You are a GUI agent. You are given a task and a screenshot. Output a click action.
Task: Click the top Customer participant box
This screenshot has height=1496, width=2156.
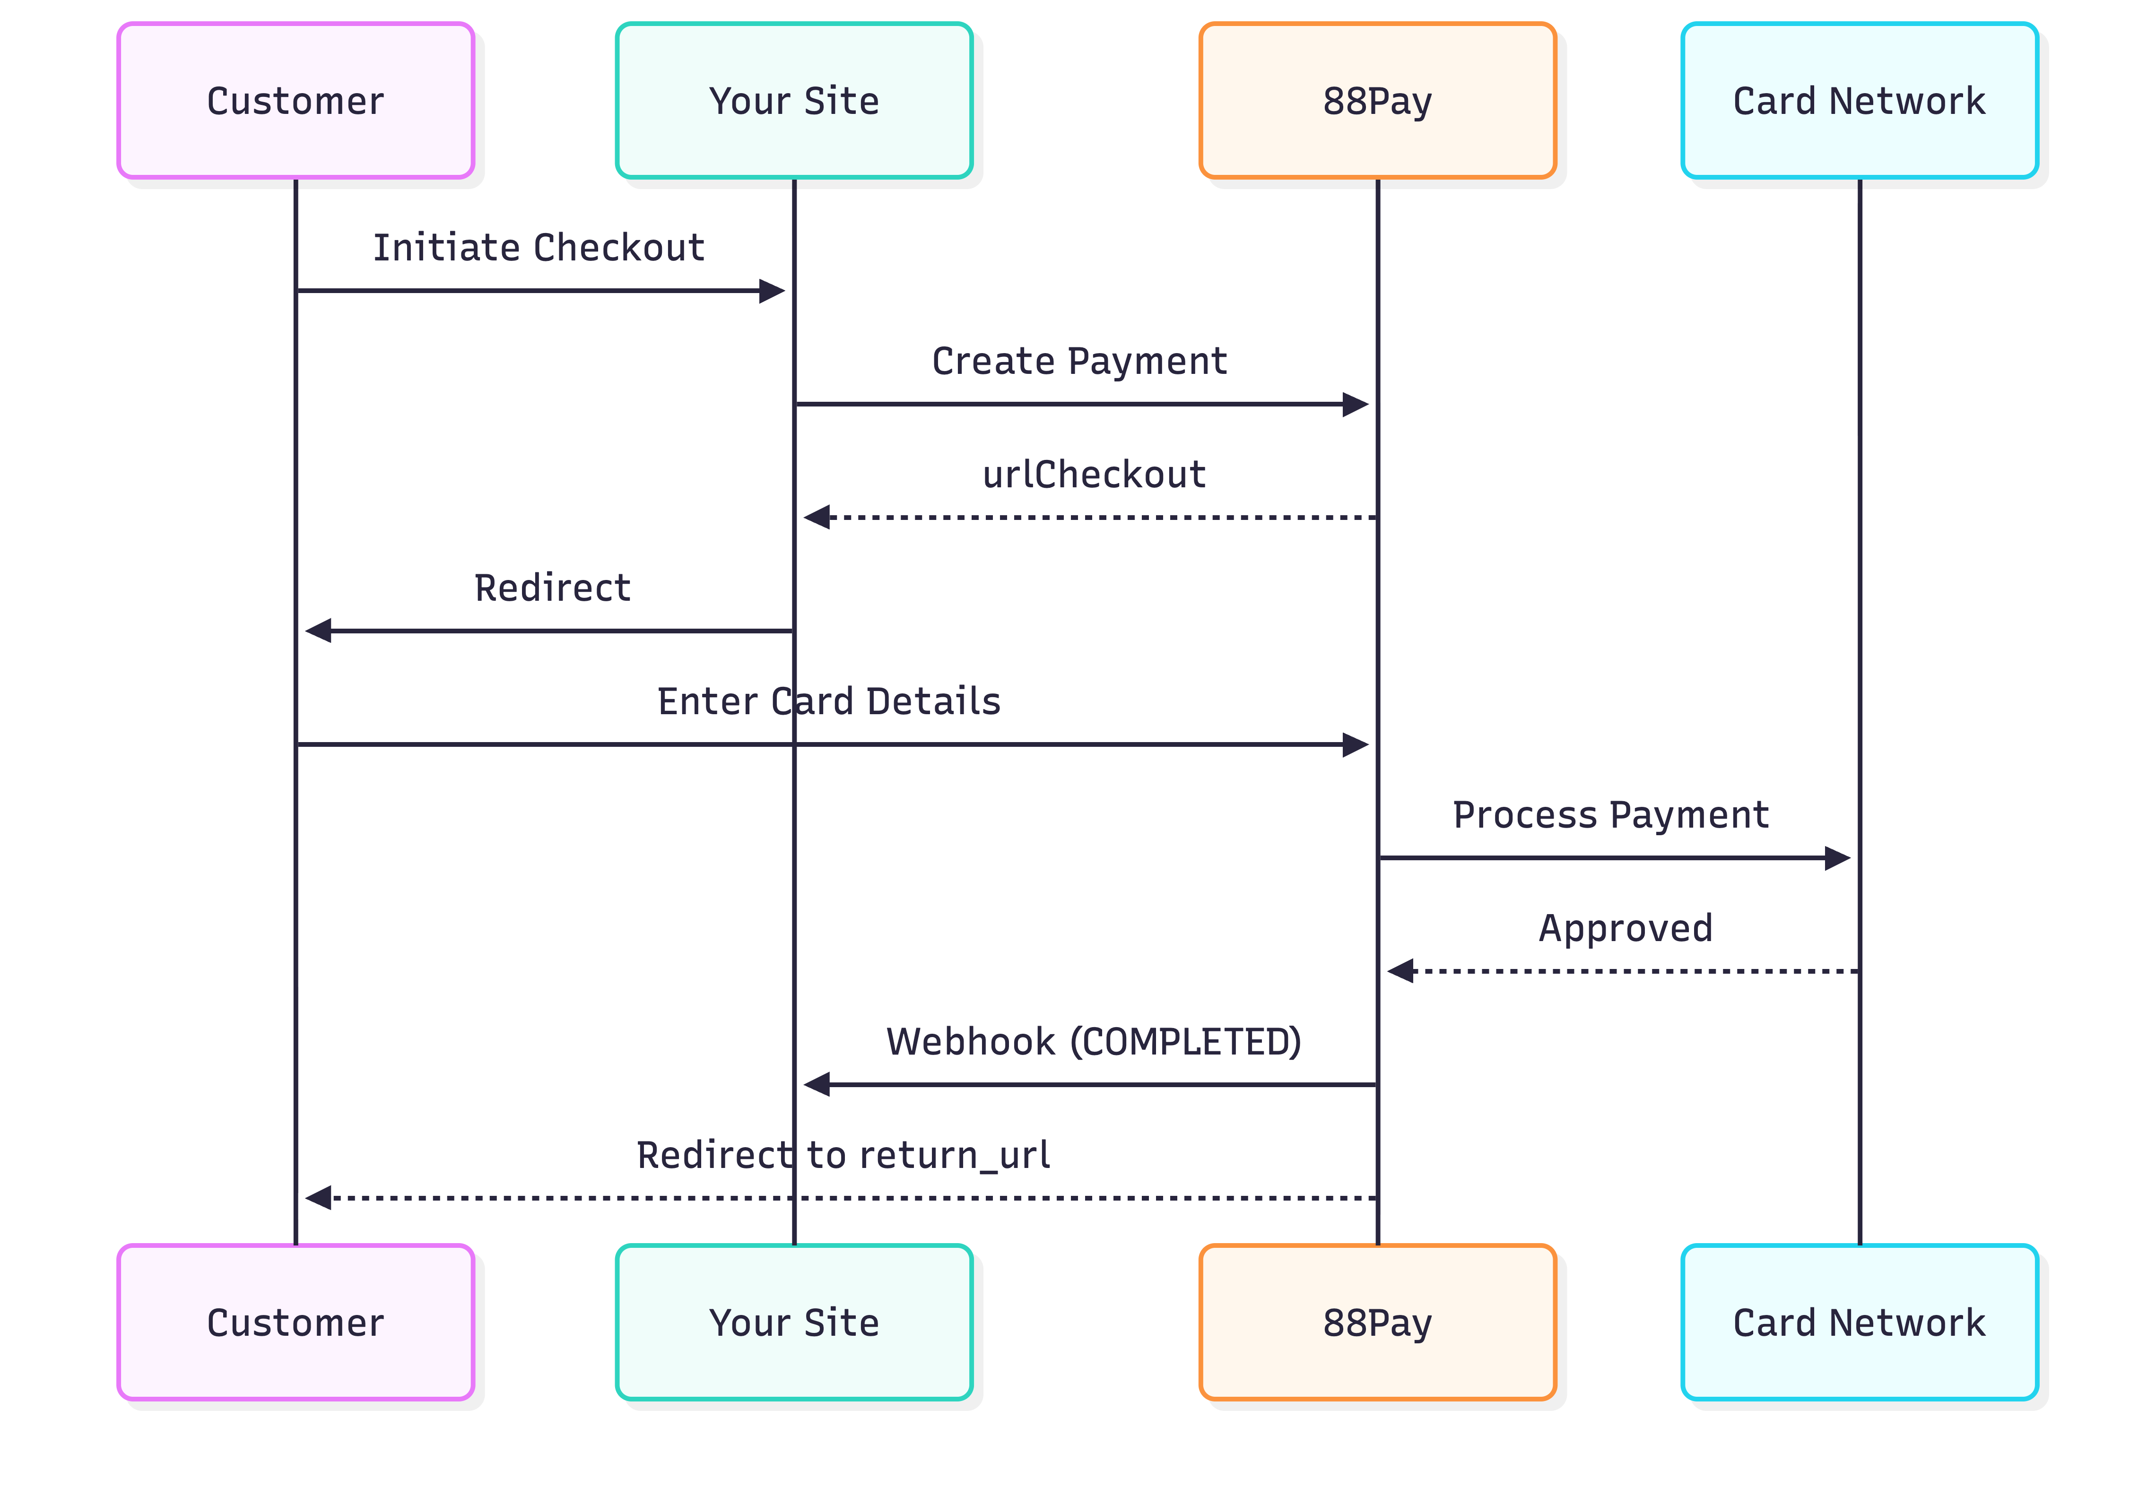tap(296, 100)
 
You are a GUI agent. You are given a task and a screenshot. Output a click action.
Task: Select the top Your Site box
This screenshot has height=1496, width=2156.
tap(794, 100)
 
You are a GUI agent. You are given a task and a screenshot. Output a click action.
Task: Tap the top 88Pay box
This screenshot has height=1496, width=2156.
tap(1377, 100)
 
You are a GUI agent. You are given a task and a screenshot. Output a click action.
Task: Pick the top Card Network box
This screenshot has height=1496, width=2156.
tap(1859, 100)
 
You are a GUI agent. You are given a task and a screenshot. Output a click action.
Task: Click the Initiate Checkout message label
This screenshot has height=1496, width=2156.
tap(539, 248)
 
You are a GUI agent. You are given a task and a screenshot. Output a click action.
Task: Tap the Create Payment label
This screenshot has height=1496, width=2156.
tap(1079, 361)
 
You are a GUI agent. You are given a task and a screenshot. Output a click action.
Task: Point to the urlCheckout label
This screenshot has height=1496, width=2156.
tap(1094, 474)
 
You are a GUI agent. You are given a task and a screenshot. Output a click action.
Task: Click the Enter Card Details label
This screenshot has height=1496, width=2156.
tap(829, 701)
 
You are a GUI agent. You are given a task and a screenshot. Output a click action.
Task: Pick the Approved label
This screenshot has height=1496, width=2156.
tap(1626, 928)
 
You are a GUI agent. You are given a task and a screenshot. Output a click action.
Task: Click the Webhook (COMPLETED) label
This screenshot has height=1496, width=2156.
tap(1094, 1041)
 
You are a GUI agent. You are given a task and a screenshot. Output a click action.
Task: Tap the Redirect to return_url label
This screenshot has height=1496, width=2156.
tap(843, 1155)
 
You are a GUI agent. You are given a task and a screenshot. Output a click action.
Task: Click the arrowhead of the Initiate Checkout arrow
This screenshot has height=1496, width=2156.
tap(773, 291)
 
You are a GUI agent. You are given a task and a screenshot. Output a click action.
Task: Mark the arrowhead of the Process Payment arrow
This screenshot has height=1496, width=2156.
tap(1837, 858)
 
